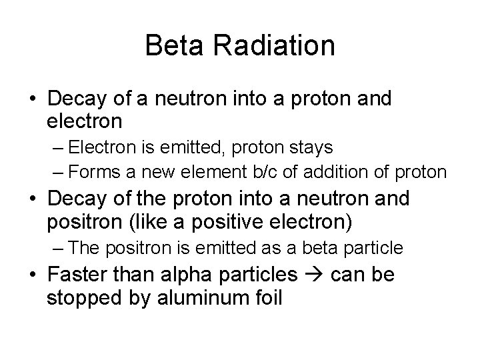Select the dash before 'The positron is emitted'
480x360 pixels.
coord(58,248)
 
